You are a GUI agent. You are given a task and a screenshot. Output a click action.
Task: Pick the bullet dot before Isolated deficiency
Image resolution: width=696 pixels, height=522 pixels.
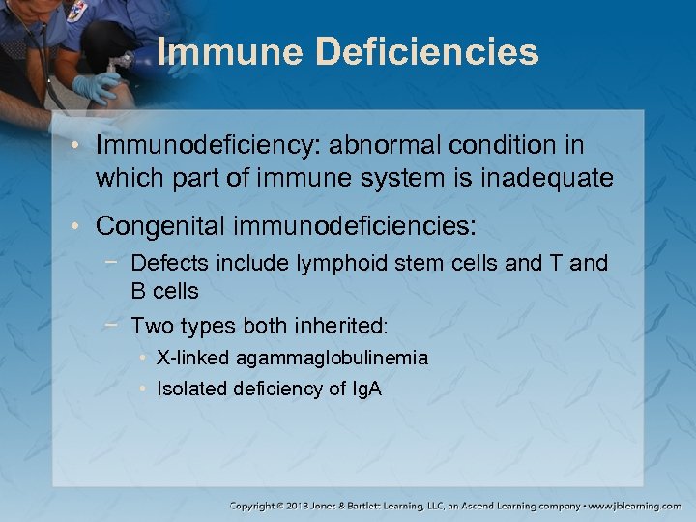pyautogui.click(x=143, y=389)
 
